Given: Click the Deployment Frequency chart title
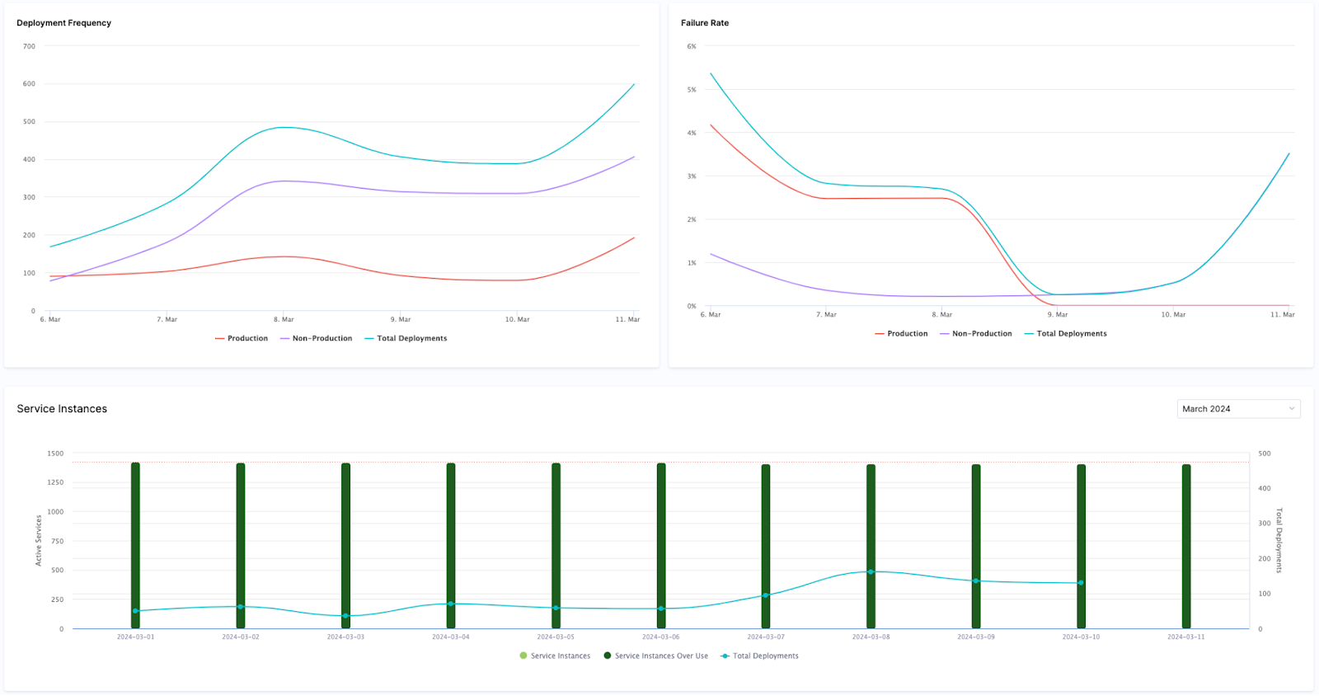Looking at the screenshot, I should pos(63,23).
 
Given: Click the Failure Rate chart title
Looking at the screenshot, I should pos(704,23).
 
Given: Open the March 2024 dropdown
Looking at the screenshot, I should pos(1237,409).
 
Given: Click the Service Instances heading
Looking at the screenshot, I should pos(62,409).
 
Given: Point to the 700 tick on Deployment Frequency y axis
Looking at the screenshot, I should pos(29,46).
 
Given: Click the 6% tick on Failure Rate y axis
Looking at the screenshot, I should pos(691,46).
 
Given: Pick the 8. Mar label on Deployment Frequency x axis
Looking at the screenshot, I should pos(284,319).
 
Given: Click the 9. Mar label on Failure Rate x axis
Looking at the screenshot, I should pos(1058,314).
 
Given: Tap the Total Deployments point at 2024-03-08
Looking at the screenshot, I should pos(871,571).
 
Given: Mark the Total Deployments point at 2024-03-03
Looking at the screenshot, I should pos(345,616).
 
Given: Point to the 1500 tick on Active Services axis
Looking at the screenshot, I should pos(55,454).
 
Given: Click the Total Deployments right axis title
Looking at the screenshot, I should pos(1279,540).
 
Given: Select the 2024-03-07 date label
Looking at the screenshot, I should pos(766,637).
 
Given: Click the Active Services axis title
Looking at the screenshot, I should pos(38,540).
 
